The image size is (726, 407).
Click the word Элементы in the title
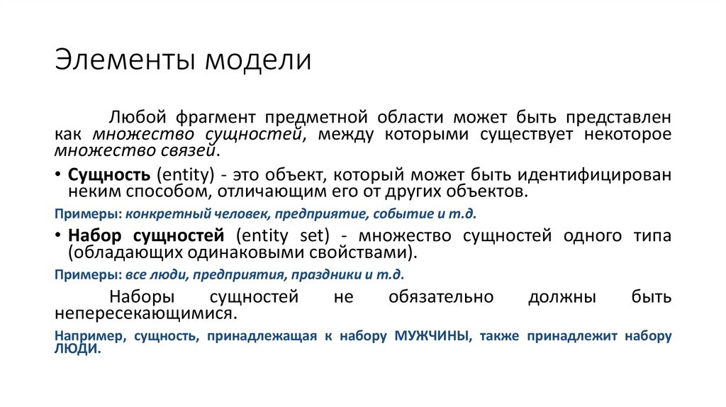coord(126,60)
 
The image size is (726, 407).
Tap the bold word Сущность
coord(108,175)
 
